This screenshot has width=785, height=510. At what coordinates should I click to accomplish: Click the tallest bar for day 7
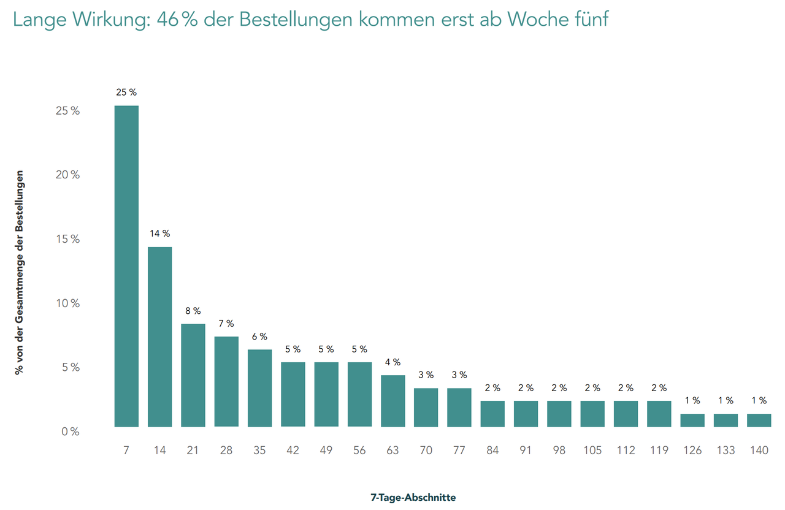(x=126, y=266)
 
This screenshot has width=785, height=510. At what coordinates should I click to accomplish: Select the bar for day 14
(x=159, y=337)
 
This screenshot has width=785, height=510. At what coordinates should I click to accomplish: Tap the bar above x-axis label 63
(x=393, y=401)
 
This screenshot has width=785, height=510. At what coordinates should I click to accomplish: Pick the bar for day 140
(x=759, y=420)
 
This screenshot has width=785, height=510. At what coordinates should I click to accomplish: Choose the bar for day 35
(x=259, y=388)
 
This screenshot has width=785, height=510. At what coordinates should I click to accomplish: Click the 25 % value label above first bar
(x=126, y=92)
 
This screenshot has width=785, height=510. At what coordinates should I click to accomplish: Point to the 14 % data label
(x=160, y=234)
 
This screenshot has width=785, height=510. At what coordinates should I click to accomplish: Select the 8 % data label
(x=193, y=311)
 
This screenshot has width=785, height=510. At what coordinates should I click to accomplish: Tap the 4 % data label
(x=393, y=362)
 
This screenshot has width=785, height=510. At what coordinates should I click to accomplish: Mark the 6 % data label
(x=259, y=337)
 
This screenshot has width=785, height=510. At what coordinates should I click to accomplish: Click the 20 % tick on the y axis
(x=67, y=175)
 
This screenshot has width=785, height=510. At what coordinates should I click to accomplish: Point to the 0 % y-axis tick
(x=71, y=432)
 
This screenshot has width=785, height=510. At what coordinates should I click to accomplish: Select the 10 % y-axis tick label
(x=68, y=303)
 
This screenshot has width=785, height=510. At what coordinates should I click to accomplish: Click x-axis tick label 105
(x=592, y=450)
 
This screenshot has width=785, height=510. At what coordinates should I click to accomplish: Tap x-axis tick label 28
(x=226, y=450)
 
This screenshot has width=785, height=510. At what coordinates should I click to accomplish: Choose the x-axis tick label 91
(x=526, y=450)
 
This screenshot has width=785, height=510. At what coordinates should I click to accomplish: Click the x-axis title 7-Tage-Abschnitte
(x=413, y=497)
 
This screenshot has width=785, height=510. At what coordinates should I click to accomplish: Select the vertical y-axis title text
(x=19, y=273)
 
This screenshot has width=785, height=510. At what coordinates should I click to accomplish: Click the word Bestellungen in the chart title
(x=296, y=19)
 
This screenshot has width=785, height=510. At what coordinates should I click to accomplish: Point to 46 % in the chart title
(x=177, y=19)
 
